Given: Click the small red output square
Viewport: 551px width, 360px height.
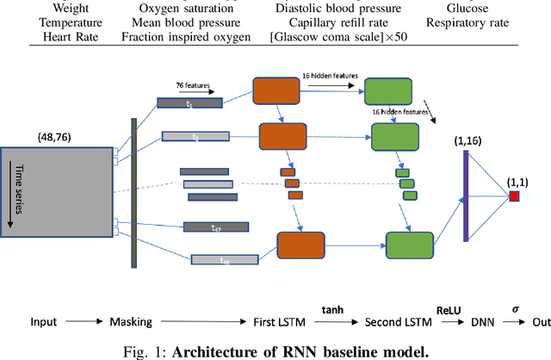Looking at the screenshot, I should pos(514,198).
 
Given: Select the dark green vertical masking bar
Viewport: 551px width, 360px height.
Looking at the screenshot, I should pos(134,192).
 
